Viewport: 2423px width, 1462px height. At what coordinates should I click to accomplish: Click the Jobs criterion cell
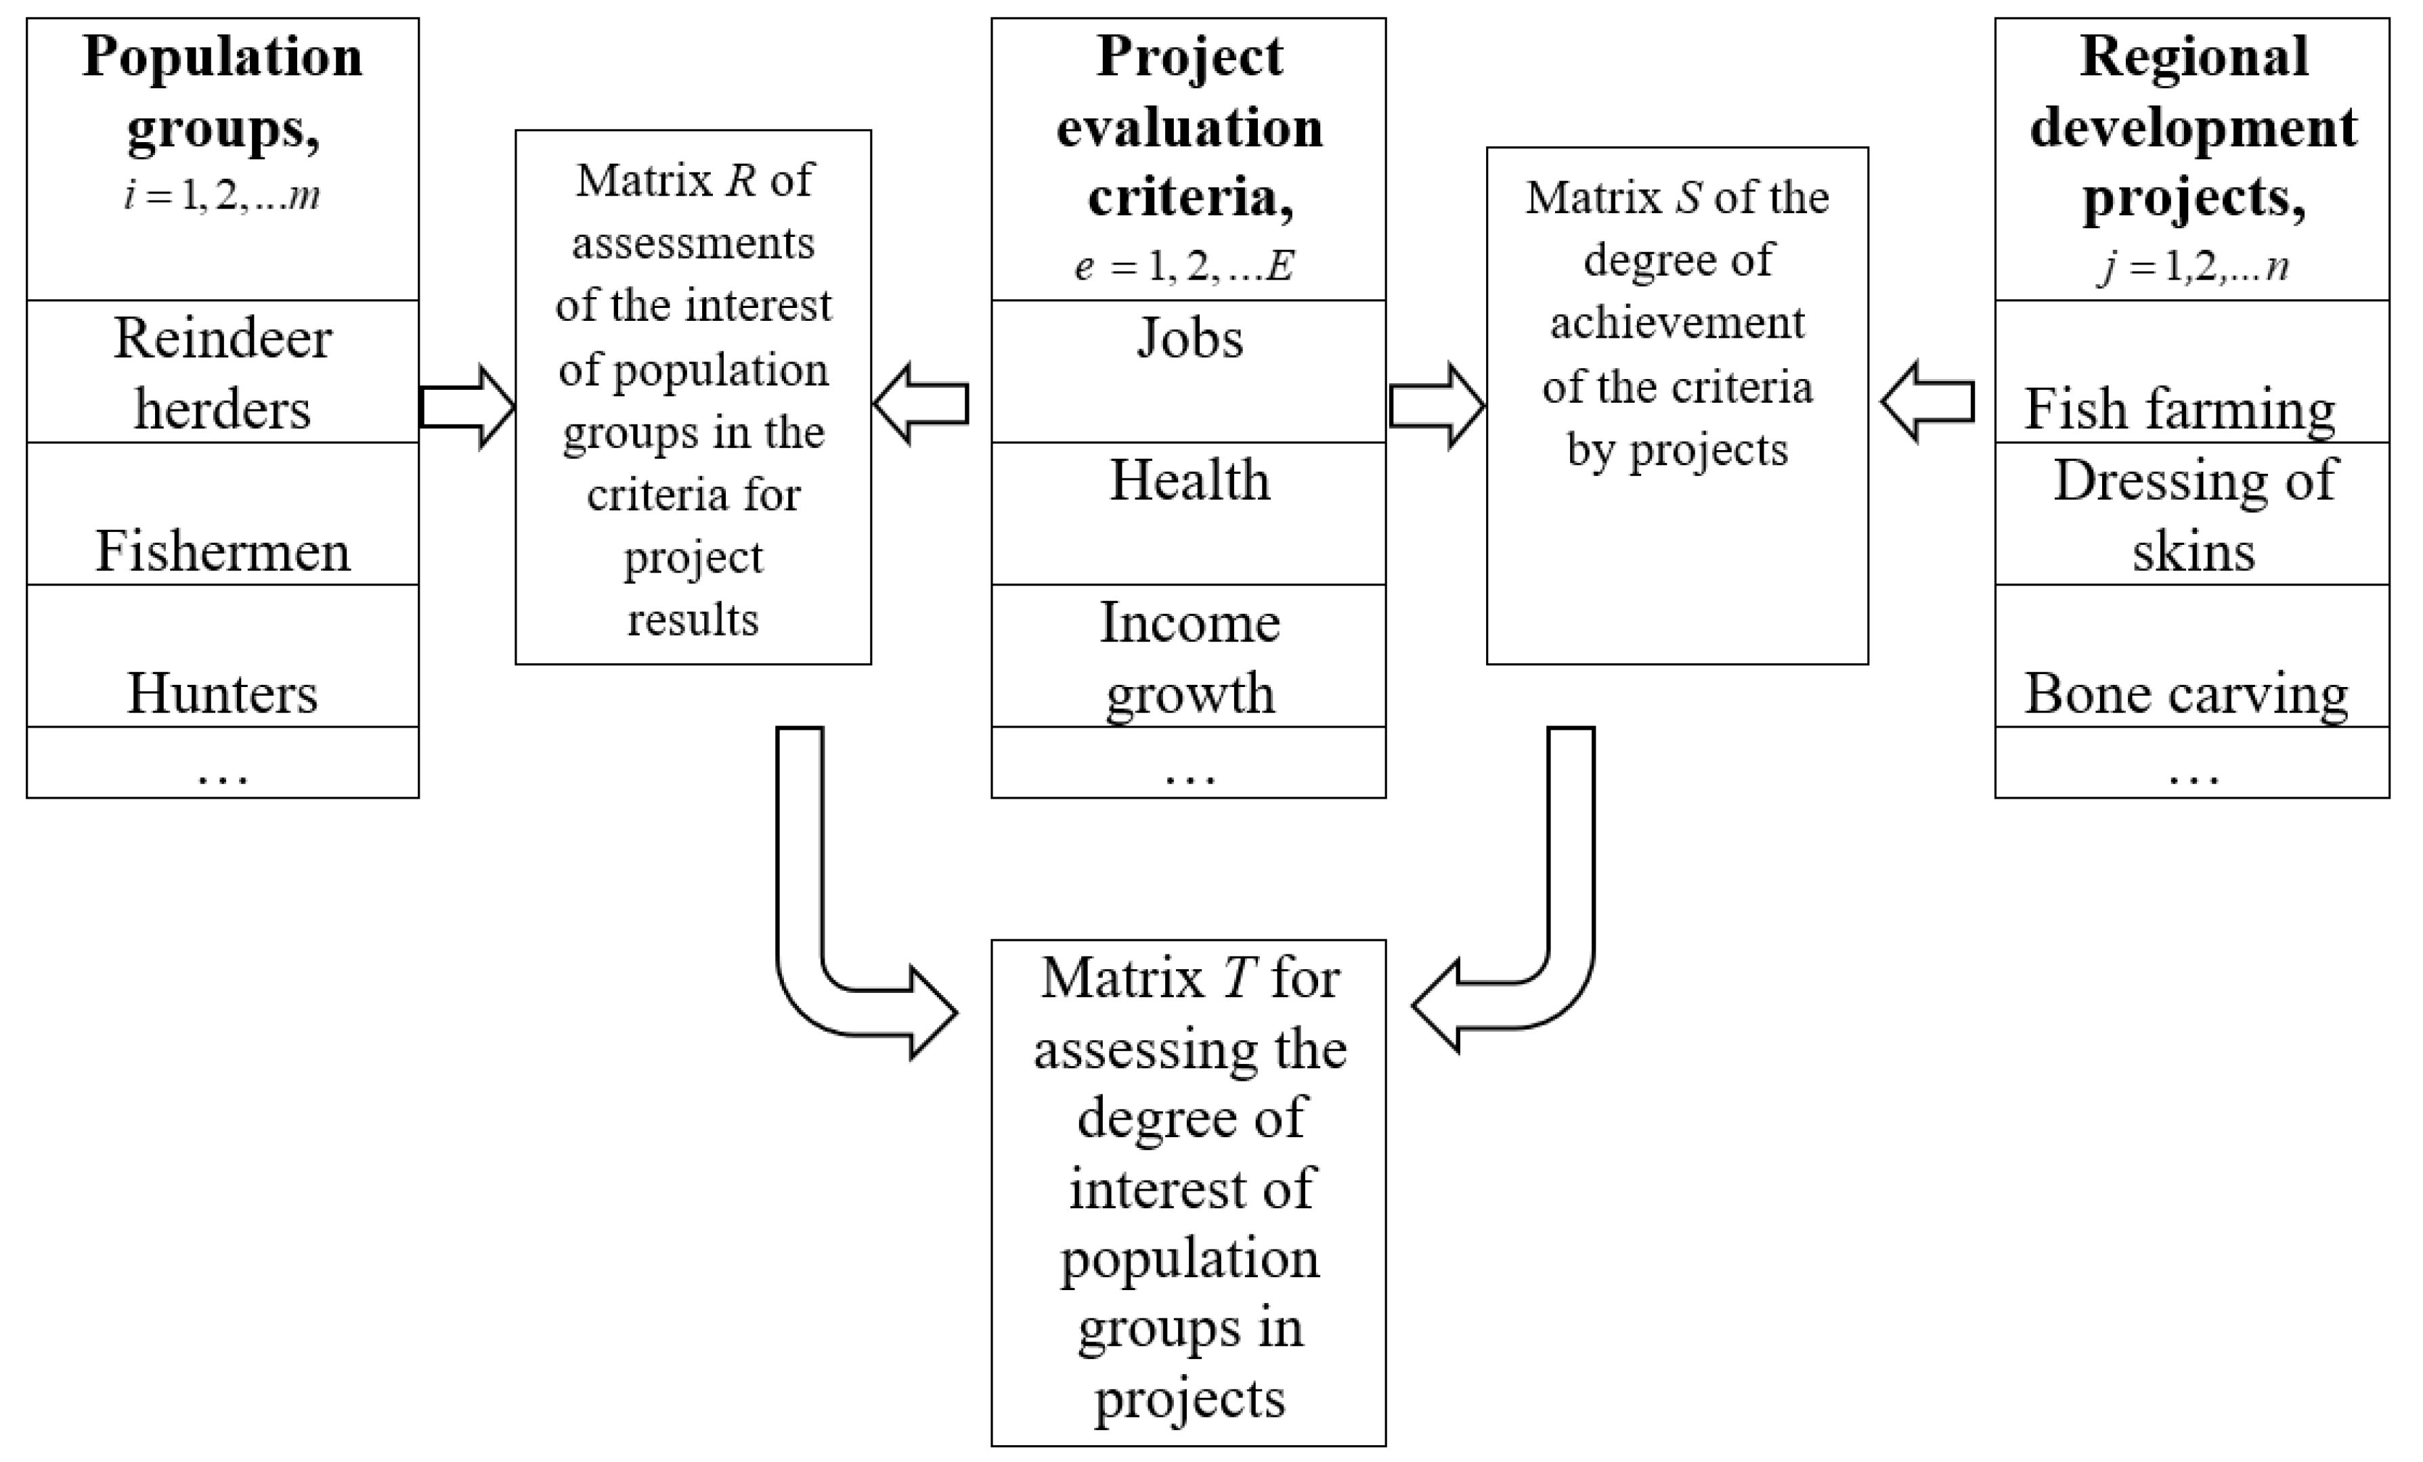coord(1189,339)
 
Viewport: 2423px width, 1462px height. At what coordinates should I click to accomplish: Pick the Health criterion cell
coord(1189,481)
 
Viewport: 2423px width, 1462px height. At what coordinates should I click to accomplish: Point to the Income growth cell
coord(1189,657)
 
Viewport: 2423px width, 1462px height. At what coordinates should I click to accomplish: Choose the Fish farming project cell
coord(2179,408)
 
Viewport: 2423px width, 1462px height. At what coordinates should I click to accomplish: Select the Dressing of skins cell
coord(2193,514)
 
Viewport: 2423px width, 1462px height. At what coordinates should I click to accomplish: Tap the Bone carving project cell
coord(2185,693)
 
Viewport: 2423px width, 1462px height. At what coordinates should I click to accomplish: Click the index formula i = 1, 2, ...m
coord(222,196)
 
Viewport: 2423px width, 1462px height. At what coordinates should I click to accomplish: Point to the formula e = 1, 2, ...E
coord(1184,265)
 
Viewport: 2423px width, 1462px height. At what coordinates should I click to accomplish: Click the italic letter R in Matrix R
coord(741,181)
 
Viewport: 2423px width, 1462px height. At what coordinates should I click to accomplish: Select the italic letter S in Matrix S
coord(1688,198)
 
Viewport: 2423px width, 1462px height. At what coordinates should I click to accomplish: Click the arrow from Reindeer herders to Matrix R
coord(466,407)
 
